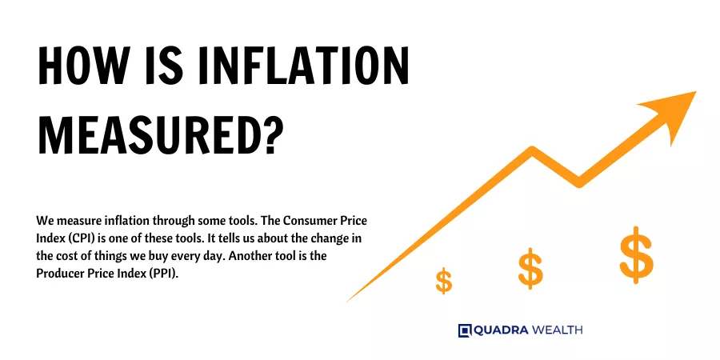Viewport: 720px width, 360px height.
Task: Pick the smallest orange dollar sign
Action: tap(443, 281)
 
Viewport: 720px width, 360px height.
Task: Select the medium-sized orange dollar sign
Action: tap(530, 269)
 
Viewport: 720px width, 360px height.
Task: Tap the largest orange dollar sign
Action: tap(636, 254)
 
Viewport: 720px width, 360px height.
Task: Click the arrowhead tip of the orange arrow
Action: tap(696, 91)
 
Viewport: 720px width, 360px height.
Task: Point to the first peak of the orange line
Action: tap(533, 150)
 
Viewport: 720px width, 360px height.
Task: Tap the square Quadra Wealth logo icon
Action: tap(465, 330)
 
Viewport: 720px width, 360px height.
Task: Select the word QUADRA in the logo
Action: tap(501, 330)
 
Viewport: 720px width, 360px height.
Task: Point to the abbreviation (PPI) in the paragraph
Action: tap(163, 274)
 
